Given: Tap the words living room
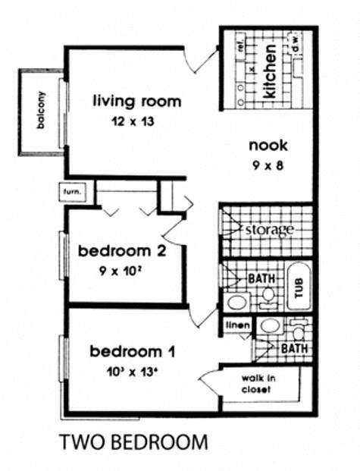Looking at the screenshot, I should pos(137,101).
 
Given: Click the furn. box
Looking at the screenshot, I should pos(74,193).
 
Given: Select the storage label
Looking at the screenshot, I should pos(268,229).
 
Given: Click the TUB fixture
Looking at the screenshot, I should pos(298,288).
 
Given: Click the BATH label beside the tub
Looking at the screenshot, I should pos(261,278).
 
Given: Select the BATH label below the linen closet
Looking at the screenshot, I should pos(293,348).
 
